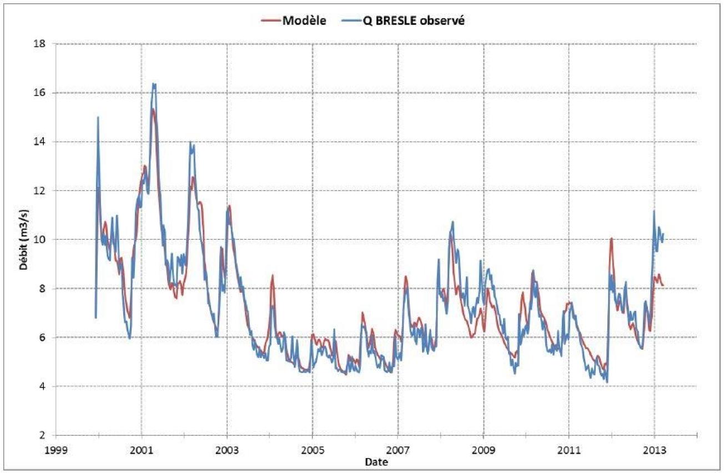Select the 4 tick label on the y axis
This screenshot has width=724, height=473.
[x=43, y=386]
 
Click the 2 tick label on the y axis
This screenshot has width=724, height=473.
[x=43, y=435]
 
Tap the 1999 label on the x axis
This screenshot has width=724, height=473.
[x=56, y=449]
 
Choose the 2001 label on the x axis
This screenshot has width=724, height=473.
[x=141, y=449]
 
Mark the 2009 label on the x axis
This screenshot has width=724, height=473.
[x=483, y=449]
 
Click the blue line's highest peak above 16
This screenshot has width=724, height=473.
[x=154, y=84]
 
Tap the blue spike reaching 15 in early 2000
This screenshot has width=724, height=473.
[x=98, y=117]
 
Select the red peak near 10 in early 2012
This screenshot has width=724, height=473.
[x=611, y=238]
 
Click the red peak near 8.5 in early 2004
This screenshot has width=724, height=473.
[x=272, y=275]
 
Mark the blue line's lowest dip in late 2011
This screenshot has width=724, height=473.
[x=607, y=382]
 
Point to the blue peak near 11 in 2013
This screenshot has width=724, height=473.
[x=654, y=211]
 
